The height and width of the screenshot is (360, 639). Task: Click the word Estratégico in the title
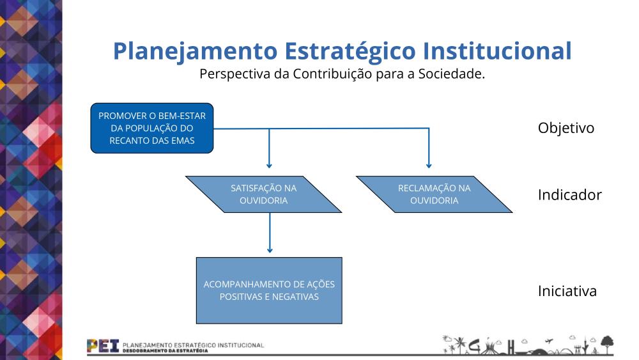click(350, 52)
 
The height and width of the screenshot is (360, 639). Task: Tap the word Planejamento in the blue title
click(195, 52)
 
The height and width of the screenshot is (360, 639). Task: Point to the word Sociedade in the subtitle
click(452, 74)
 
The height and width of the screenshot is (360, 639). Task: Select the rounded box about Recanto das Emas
click(152, 128)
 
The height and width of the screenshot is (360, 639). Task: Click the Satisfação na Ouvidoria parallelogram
click(264, 194)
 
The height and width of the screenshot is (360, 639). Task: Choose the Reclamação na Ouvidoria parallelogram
click(435, 194)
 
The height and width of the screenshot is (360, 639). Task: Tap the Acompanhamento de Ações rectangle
click(269, 290)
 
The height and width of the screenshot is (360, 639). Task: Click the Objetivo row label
click(566, 128)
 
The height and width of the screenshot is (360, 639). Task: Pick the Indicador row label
click(570, 195)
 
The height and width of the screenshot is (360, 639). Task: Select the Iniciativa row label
click(567, 291)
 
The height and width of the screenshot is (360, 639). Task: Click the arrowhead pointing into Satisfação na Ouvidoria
click(269, 166)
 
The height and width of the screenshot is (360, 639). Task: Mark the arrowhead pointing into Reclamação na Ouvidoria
click(429, 166)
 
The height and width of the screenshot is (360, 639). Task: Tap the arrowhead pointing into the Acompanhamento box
click(270, 250)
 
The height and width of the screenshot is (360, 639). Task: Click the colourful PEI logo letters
click(103, 346)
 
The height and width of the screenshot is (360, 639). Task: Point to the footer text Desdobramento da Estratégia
click(165, 350)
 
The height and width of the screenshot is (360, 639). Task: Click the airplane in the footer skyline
click(549, 341)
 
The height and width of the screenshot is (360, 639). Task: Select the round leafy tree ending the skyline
click(607, 343)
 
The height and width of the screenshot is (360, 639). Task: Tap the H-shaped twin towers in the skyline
click(511, 347)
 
